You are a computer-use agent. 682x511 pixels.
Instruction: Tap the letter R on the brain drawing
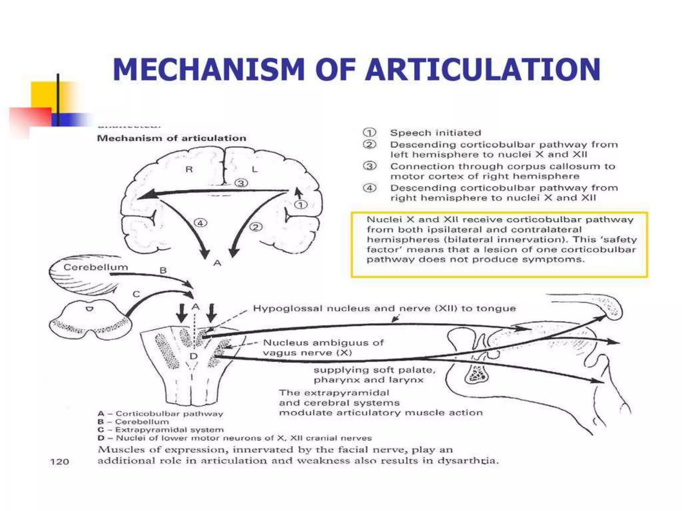[x=189, y=169]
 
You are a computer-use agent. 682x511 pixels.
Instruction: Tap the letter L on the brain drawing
[x=254, y=169]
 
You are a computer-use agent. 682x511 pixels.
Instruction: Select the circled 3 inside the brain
[x=241, y=183]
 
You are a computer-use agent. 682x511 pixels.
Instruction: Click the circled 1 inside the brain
[x=301, y=205]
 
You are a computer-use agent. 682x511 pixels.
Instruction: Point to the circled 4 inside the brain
[x=200, y=223]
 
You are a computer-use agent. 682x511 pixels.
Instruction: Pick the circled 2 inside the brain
[x=256, y=227]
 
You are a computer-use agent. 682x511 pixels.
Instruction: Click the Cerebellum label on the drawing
[x=96, y=267]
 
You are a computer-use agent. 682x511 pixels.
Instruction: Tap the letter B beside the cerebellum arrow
[x=163, y=270]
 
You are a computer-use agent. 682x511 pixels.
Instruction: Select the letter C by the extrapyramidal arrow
[x=136, y=294]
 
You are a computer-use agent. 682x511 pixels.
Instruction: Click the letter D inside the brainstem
[x=193, y=356]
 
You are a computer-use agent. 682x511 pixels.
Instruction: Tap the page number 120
[x=59, y=462]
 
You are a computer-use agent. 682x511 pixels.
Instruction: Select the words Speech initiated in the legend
[x=436, y=133]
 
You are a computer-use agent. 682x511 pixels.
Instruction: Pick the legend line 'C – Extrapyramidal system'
[x=161, y=430]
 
